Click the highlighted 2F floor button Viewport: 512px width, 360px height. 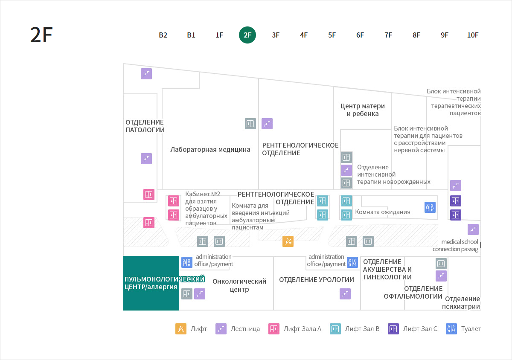point(247,35)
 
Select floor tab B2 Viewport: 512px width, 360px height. point(163,35)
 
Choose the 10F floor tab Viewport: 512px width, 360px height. point(473,35)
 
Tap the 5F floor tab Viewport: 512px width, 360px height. point(332,35)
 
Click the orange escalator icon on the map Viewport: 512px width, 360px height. point(288,241)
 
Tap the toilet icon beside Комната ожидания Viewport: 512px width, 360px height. point(430,207)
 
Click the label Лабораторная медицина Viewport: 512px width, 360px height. point(210,149)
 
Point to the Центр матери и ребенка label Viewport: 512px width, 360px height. point(363,110)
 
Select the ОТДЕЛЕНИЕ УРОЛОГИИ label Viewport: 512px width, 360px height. point(317,279)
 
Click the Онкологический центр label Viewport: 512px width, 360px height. point(239,285)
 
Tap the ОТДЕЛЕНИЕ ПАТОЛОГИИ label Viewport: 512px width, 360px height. point(145,126)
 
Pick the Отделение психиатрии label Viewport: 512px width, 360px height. point(461,302)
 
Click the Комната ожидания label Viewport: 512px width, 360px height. point(383,212)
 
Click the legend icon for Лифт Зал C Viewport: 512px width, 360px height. point(393,329)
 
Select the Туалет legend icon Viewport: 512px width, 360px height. point(451,329)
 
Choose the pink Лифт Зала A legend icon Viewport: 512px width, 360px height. point(274,329)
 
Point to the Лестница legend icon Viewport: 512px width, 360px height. point(221,329)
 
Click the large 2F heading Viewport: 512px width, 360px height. point(41,35)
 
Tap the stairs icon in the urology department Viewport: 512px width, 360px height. point(345,294)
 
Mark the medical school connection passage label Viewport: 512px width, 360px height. point(455,245)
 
